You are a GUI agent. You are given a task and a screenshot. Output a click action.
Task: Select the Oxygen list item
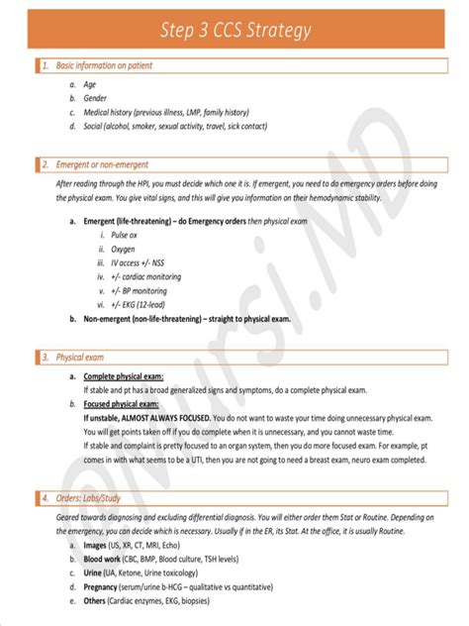click(x=124, y=250)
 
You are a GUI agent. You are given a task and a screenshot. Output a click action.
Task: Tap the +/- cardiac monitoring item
click(x=148, y=277)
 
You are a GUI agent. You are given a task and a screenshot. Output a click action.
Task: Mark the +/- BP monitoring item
click(x=141, y=292)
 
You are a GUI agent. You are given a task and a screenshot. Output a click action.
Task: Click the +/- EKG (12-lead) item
click(x=139, y=306)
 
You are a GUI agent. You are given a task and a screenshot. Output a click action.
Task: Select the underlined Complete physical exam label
click(x=124, y=376)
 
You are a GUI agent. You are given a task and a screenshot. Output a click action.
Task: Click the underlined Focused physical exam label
click(x=121, y=404)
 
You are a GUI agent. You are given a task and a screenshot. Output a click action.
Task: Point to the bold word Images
click(x=97, y=545)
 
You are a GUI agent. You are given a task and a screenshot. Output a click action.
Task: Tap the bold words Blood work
click(x=104, y=559)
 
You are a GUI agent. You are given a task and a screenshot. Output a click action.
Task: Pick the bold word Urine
click(x=94, y=573)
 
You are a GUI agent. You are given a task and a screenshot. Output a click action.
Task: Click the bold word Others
click(x=96, y=600)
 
